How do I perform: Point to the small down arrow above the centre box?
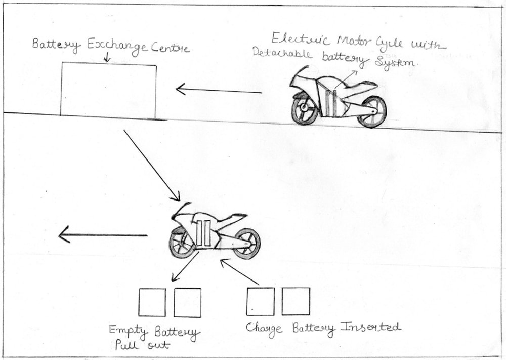pyautogui.click(x=107, y=58)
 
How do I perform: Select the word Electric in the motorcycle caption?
pyautogui.click(x=301, y=39)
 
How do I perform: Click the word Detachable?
pyautogui.click(x=282, y=53)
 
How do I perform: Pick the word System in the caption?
pyautogui.click(x=395, y=61)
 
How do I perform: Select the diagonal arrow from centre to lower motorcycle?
pyautogui.click(x=152, y=165)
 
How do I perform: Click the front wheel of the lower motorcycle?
pyautogui.click(x=182, y=242)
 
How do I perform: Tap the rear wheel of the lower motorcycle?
pyautogui.click(x=246, y=244)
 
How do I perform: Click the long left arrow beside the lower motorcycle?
pyautogui.click(x=103, y=235)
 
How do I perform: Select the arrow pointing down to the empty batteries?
pyautogui.click(x=185, y=266)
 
